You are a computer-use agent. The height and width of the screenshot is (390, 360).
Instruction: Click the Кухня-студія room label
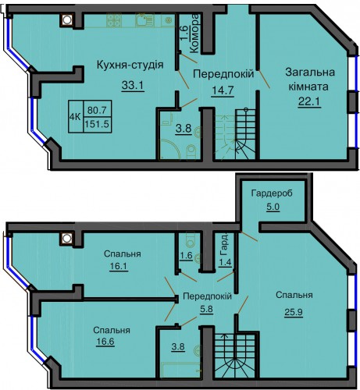pos(130,66)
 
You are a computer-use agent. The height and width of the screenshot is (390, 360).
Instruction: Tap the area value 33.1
pos(133,85)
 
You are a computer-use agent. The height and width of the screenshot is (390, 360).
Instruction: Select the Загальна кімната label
pos(309,80)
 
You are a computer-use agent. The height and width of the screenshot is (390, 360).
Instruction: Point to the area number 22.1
pos(309,101)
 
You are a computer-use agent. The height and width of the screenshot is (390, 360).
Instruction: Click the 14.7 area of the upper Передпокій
pos(223,90)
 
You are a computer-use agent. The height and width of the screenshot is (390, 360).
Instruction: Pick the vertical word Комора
pos(194,34)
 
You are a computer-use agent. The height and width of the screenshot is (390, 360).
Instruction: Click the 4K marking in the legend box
pos(75,117)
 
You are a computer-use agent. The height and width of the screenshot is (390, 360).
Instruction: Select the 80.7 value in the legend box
pos(97,110)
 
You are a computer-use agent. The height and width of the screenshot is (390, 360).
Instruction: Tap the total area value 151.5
pos(97,124)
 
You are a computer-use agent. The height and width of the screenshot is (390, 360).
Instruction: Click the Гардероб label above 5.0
pos(272,193)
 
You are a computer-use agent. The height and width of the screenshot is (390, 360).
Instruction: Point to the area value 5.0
pos(273,207)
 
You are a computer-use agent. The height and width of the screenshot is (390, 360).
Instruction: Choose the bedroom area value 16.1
pos(118,266)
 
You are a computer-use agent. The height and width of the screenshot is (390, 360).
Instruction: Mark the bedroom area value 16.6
pos(105,341)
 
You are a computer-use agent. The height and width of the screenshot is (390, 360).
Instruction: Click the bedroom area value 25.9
pos(294,311)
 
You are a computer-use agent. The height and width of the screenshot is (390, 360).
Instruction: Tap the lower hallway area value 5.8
pos(207,310)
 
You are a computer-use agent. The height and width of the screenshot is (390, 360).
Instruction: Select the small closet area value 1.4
pos(225,262)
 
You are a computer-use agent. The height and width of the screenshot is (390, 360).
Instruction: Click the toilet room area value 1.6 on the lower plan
pos(187,255)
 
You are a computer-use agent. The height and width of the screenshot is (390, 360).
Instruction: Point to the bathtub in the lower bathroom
pos(181,370)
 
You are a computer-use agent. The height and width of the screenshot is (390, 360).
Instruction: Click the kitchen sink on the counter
pos(144,20)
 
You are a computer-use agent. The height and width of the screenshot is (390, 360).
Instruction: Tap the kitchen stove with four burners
pos(114,20)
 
